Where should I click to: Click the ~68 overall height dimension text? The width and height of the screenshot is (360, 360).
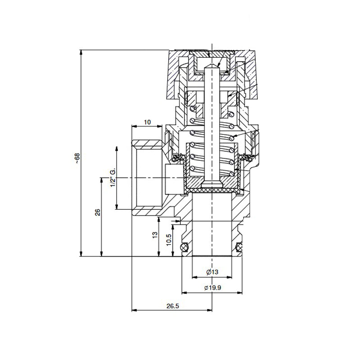[x=77, y=158]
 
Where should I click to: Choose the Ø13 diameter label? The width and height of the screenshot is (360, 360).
[x=212, y=272]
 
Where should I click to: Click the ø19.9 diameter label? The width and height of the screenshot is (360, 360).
[x=212, y=288]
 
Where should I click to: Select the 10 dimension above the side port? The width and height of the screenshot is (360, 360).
[x=147, y=122]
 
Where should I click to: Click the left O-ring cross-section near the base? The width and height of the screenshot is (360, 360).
[x=184, y=247]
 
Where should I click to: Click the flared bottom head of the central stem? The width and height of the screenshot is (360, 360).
[x=211, y=184]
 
